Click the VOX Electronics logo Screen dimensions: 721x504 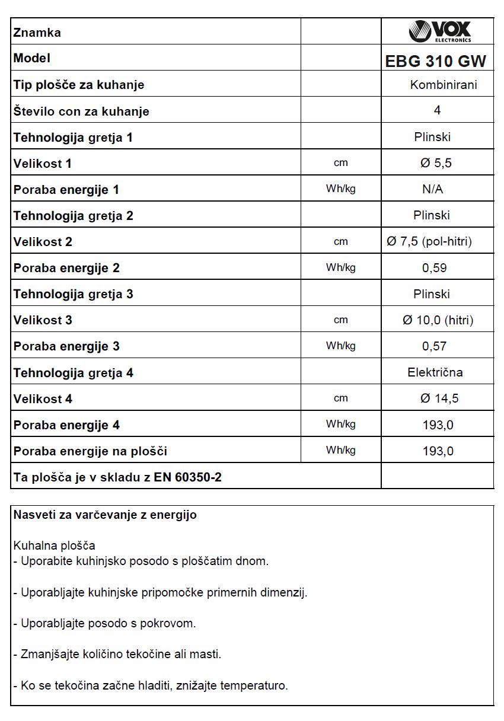tap(439, 31)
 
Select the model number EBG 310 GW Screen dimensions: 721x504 tap(436, 61)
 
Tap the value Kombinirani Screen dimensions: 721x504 tap(444, 85)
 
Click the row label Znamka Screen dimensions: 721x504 tap(37, 33)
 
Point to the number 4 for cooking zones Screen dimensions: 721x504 tap(437, 110)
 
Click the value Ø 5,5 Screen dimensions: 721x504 tap(436, 163)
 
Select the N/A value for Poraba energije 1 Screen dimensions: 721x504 tap(432, 189)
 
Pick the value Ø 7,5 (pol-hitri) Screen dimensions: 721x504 tap(429, 241)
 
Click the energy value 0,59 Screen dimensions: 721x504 tap(435, 268)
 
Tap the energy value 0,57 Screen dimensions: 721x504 tap(435, 346)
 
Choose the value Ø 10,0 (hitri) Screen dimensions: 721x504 tap(438, 320)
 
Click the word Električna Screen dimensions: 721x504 tap(435, 372)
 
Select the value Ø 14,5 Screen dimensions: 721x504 tap(439, 398)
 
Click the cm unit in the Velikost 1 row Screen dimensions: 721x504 tap(341, 163)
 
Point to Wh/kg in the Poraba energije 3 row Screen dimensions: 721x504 tap(341, 346)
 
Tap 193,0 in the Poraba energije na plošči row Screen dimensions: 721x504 tap(438, 451)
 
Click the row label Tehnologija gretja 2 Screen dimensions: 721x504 tap(73, 216)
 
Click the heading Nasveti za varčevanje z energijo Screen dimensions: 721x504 tap(105, 515)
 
